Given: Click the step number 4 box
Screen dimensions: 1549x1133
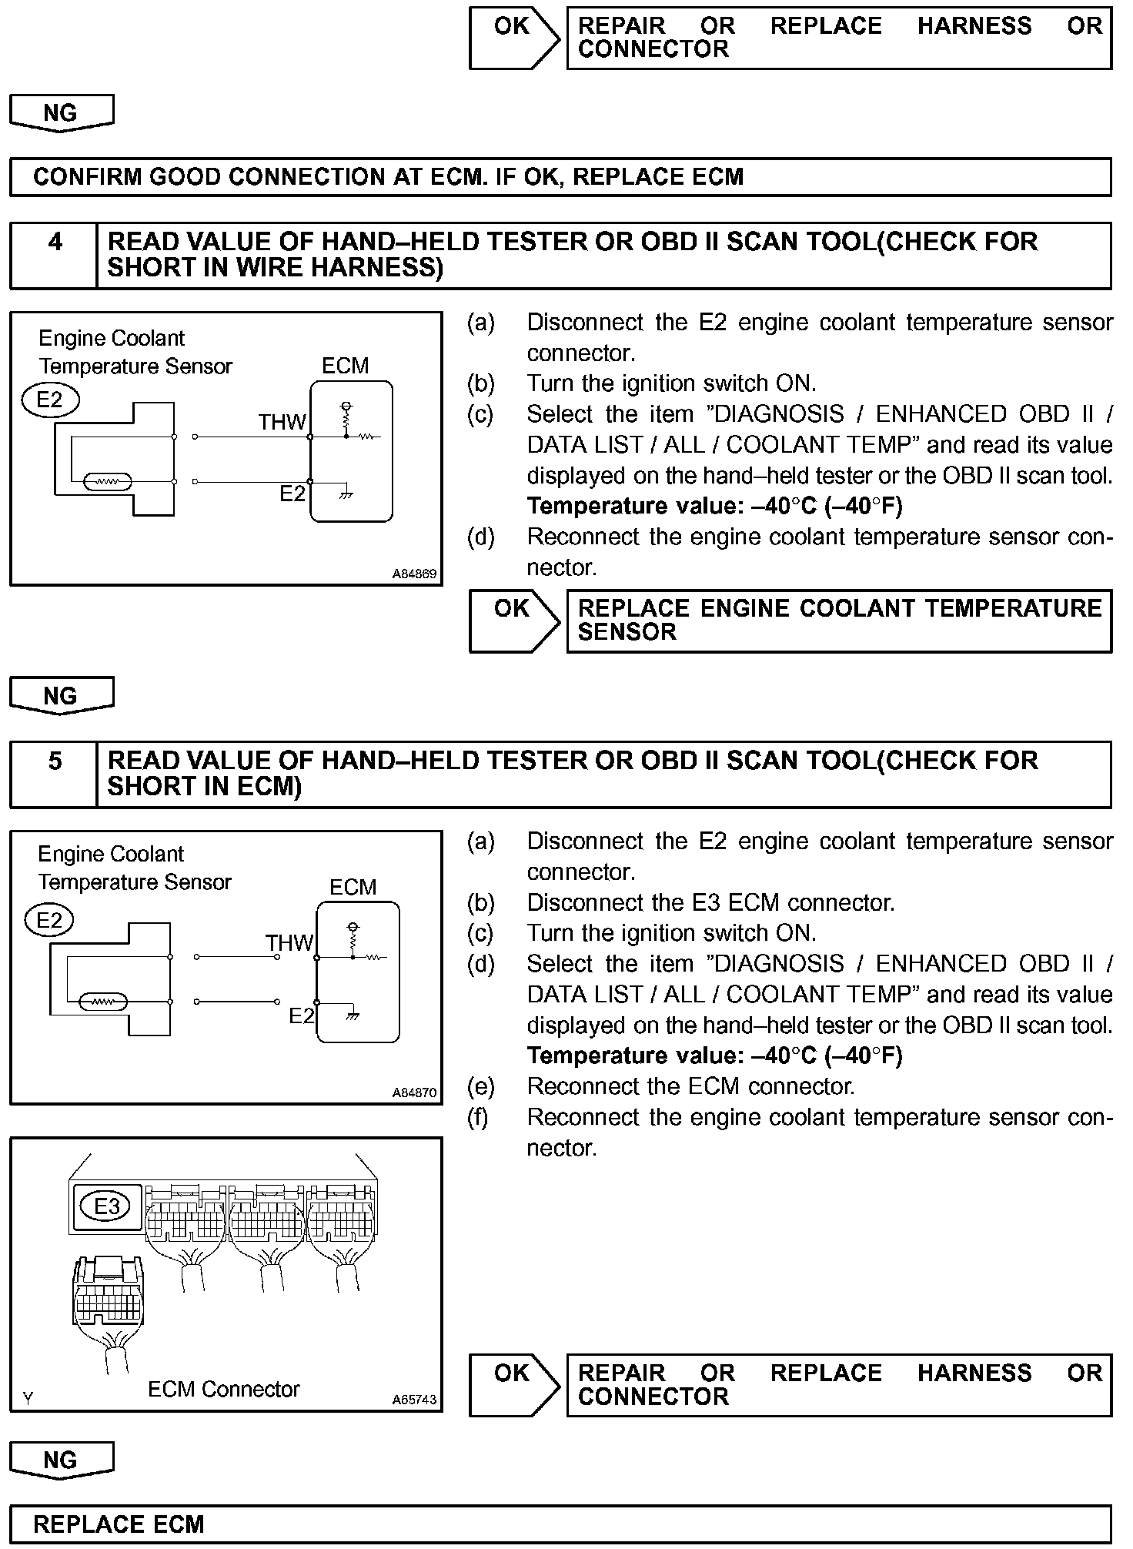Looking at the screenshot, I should pyautogui.click(x=54, y=255).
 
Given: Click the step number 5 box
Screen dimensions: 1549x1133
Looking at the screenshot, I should pyautogui.click(x=54, y=774).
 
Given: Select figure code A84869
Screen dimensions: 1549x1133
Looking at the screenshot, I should pyautogui.click(x=414, y=574).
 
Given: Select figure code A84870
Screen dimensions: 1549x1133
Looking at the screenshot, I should pyautogui.click(x=414, y=1092).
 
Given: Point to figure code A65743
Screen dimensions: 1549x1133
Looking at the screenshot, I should pyautogui.click(x=414, y=1399).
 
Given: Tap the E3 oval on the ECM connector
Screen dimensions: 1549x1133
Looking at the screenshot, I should pyautogui.click(x=107, y=1206).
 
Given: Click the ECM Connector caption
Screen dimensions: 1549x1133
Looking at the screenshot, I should pyautogui.click(x=223, y=1389).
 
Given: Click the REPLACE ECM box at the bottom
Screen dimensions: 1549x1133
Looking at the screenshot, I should pyautogui.click(x=560, y=1524).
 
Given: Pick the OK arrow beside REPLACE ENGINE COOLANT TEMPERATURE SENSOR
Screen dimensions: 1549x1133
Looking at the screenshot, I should pyautogui.click(x=514, y=621).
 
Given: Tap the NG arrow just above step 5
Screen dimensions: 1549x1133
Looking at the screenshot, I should pyautogui.click(x=61, y=695).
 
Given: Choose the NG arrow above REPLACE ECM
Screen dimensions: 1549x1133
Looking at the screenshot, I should pyautogui.click(x=61, y=1460).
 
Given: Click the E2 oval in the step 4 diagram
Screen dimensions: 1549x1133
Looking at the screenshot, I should pyautogui.click(x=50, y=400).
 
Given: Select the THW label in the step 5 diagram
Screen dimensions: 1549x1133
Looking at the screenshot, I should pyautogui.click(x=289, y=943).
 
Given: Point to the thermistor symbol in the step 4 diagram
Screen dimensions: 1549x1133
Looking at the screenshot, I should pyautogui.click(x=108, y=482).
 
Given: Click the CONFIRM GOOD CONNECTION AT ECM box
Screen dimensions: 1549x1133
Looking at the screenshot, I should pyautogui.click(x=560, y=177).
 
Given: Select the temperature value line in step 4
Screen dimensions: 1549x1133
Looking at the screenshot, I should pyautogui.click(x=714, y=506).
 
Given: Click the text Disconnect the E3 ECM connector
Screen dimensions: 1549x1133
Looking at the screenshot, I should pyautogui.click(x=710, y=902).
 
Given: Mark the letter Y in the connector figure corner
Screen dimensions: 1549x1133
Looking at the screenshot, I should pyautogui.click(x=28, y=1398).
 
